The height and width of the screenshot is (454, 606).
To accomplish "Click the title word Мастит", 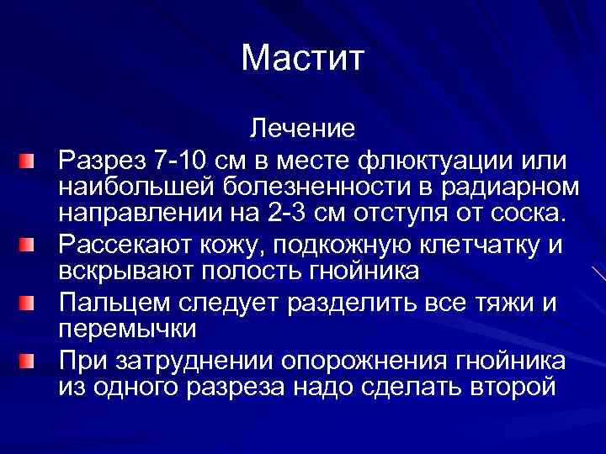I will (x=302, y=58).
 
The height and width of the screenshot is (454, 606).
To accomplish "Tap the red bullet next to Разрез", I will (x=29, y=158).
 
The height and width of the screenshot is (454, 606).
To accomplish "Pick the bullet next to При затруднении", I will (x=29, y=362).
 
